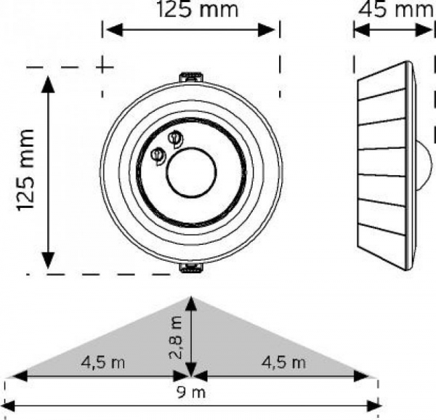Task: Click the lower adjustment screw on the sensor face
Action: click(157, 154)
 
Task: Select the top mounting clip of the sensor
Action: click(190, 76)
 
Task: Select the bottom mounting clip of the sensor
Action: click(190, 269)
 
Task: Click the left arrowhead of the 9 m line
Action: click(9, 405)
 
